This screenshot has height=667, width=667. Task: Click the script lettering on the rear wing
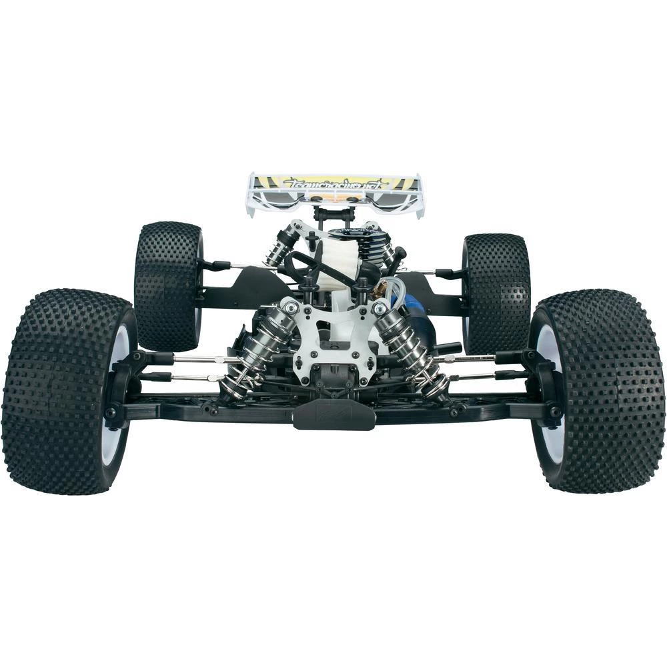coord(333,183)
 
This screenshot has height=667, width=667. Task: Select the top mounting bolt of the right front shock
coord(380,309)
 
